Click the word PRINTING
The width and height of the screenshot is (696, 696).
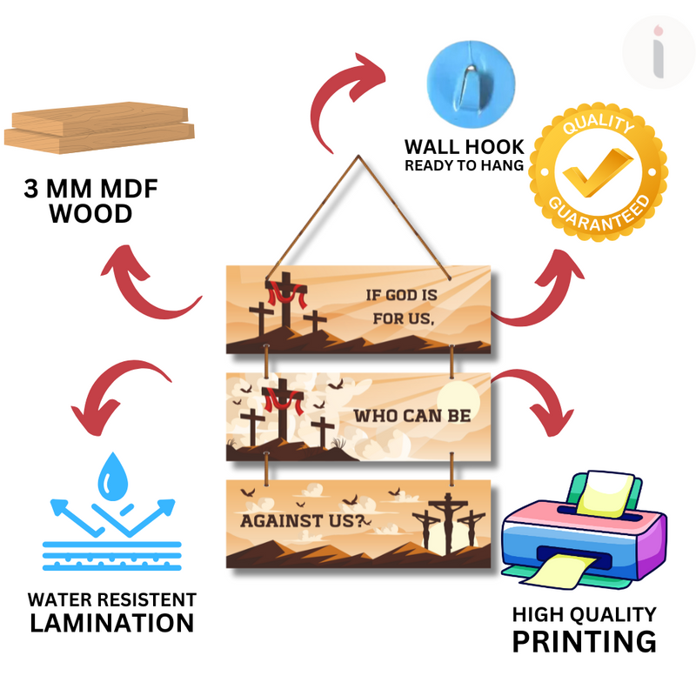coord(583,641)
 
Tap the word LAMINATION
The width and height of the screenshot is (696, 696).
coord(111,623)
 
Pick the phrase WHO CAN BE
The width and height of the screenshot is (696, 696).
coord(412,415)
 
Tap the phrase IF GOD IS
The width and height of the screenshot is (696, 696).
coord(401,296)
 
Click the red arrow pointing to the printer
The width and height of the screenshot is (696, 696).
coord(539,401)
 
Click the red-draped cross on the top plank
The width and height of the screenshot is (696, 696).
coord(283,304)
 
